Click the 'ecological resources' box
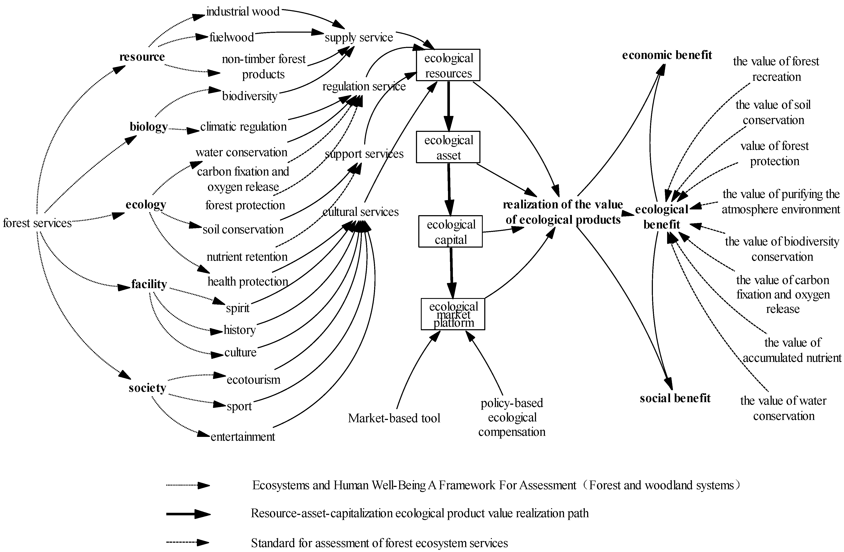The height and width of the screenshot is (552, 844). click(448, 65)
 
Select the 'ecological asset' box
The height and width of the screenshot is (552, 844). click(448, 147)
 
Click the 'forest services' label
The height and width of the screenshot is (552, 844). click(37, 223)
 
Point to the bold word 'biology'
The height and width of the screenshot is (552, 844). click(149, 127)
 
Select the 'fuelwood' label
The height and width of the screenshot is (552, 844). click(232, 37)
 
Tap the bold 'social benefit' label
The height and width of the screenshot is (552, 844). click(675, 398)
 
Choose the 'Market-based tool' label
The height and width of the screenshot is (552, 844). click(394, 418)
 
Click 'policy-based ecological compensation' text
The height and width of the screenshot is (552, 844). click(512, 417)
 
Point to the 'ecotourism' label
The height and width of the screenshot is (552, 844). click(253, 380)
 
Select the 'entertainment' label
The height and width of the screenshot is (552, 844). click(243, 436)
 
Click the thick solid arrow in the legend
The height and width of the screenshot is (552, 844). click(188, 514)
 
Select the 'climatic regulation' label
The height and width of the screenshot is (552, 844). click(243, 127)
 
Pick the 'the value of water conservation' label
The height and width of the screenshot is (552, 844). click(783, 408)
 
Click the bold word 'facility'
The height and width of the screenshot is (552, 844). click(149, 284)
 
